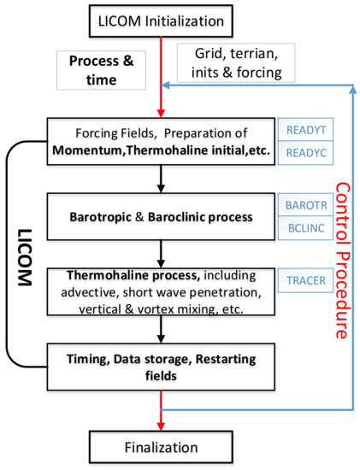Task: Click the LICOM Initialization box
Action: coord(160,18)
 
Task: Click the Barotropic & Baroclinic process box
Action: coord(160,215)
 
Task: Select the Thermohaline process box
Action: coord(160,292)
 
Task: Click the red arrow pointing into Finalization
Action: coord(160,414)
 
